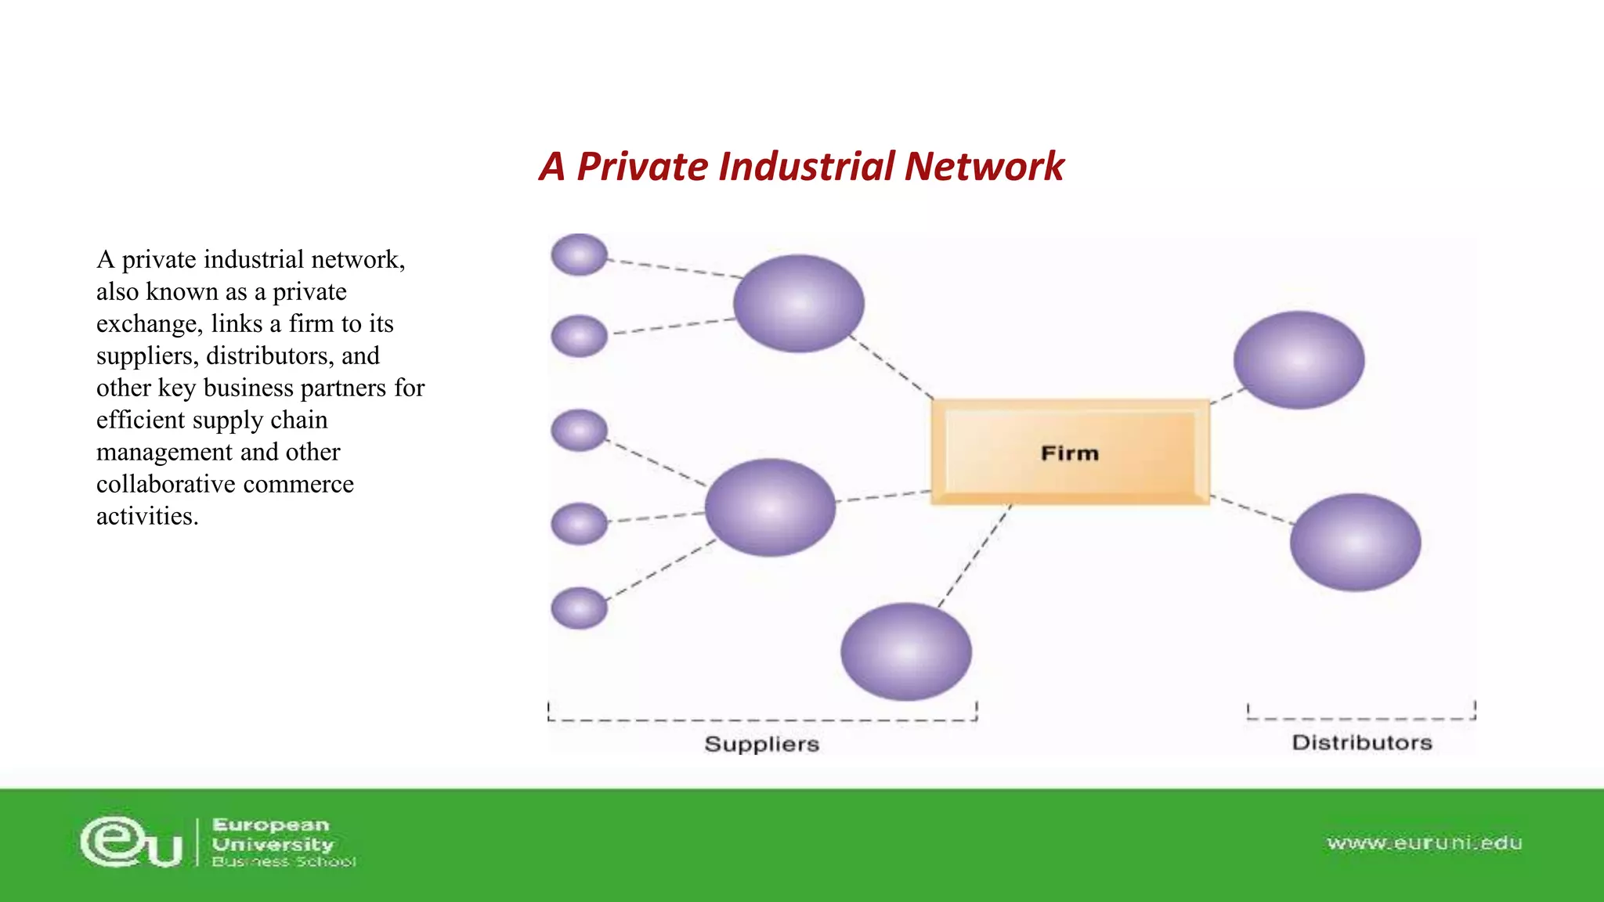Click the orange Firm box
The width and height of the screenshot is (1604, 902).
(1070, 453)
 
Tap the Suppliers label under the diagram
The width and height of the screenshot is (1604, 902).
(761, 744)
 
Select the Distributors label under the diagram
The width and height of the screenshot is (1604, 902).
(1361, 742)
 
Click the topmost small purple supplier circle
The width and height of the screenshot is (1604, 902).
(579, 254)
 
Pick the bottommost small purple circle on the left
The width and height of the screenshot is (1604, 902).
(579, 608)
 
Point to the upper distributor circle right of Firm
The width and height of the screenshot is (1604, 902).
(1299, 360)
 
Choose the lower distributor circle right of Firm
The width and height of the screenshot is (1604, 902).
(1355, 542)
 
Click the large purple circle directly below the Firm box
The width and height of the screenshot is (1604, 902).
(906, 651)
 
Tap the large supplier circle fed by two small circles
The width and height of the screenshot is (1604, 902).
(798, 303)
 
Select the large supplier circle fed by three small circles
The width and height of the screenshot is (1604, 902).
(770, 507)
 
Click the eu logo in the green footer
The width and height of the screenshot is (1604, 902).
(132, 842)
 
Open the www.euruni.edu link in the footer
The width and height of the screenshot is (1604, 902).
(1424, 843)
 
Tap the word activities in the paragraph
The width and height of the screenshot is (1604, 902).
(147, 517)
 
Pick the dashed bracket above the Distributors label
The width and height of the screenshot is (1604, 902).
(1361, 717)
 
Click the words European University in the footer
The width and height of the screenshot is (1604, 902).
(272, 835)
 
